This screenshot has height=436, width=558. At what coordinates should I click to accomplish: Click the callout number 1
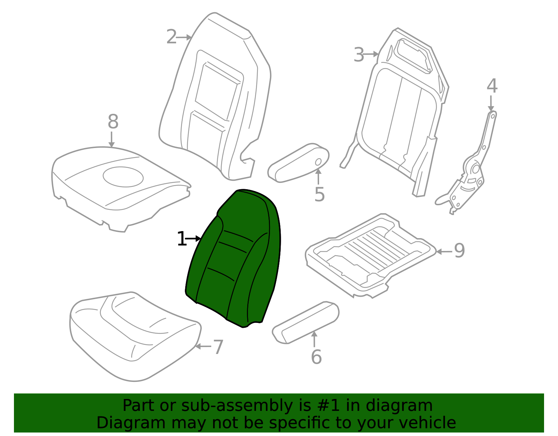pos(182,239)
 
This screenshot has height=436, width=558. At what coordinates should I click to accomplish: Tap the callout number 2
pos(171,37)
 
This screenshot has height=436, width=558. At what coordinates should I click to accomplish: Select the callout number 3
pos(359,54)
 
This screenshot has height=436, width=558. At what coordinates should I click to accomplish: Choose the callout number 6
pos(316,357)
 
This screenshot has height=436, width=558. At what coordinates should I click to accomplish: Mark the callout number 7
pos(219,347)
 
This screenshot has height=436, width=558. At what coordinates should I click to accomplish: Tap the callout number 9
pos(459,251)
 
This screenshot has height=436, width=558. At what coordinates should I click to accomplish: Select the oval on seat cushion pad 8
pos(123,177)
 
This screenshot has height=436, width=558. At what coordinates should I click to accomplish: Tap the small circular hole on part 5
pos(318,162)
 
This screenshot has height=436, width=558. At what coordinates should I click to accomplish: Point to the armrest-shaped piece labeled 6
pos(306,323)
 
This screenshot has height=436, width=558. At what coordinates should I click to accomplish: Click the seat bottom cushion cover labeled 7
pos(135,337)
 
